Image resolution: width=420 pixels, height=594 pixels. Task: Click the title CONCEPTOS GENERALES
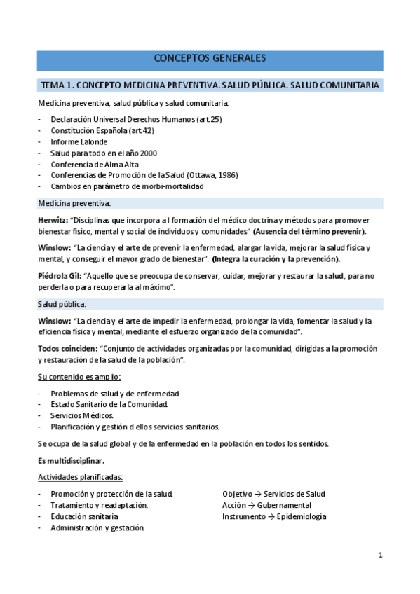[210, 58]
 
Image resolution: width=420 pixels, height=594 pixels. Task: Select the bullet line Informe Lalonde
[79, 141]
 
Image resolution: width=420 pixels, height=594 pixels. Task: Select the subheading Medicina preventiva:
[74, 203]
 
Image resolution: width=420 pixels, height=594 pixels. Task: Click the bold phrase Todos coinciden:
[67, 349]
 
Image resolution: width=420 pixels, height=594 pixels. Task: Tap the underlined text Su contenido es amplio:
[79, 377]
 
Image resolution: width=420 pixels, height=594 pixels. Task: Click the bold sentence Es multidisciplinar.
[71, 460]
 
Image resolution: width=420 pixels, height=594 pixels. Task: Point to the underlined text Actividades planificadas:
[80, 477]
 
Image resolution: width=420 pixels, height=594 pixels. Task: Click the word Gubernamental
[284, 505]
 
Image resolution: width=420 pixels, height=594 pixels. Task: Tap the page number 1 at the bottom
[380, 555]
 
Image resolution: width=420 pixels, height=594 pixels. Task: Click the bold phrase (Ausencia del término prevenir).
[309, 232]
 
